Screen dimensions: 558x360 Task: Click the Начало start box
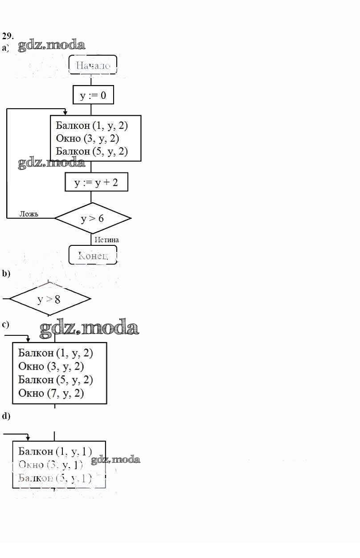click(93, 66)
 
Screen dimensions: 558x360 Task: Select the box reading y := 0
click(93, 95)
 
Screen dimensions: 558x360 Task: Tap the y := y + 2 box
click(96, 182)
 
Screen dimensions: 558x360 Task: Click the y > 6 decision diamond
click(93, 218)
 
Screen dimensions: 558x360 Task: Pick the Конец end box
click(93, 255)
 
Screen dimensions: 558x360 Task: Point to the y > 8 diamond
click(49, 299)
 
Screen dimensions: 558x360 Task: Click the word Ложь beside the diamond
click(29, 214)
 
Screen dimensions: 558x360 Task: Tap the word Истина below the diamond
click(107, 240)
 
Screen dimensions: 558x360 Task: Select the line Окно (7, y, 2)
click(51, 393)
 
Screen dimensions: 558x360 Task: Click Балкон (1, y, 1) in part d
click(55, 451)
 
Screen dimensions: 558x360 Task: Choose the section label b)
click(6, 274)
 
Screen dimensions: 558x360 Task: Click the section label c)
click(5, 324)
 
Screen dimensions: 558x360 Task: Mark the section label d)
click(6, 416)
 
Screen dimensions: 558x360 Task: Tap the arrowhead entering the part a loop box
click(65, 113)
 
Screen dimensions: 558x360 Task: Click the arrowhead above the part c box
click(28, 340)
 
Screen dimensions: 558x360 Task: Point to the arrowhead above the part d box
click(28, 439)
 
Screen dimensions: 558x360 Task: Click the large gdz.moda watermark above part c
click(89, 328)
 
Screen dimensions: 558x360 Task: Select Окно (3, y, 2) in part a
click(87, 138)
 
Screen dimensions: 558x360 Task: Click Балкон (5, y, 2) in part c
click(56, 379)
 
